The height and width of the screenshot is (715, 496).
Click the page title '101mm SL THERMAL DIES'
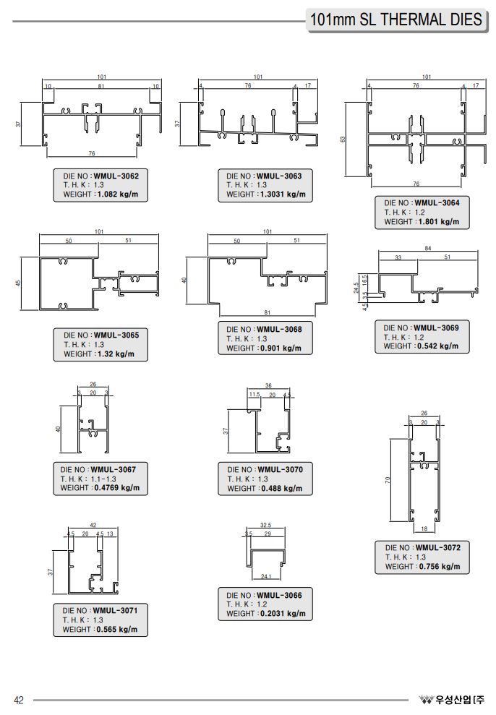[x=395, y=20]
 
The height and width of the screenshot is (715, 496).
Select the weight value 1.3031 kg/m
[x=281, y=194]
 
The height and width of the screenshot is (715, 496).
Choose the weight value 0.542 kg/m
[x=438, y=346]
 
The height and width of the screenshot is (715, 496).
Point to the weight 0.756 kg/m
[x=440, y=566]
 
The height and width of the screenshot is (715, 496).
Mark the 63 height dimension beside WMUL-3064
[x=343, y=138]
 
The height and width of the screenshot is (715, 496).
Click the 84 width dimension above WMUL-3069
[x=429, y=249]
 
